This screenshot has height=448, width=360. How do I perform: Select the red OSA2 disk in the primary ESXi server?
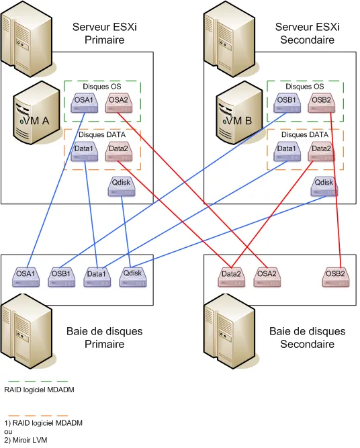tap(118, 103)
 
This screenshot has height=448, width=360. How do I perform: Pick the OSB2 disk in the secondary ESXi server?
tap(321, 103)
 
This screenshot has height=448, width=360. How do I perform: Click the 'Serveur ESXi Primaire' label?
tap(105, 34)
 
